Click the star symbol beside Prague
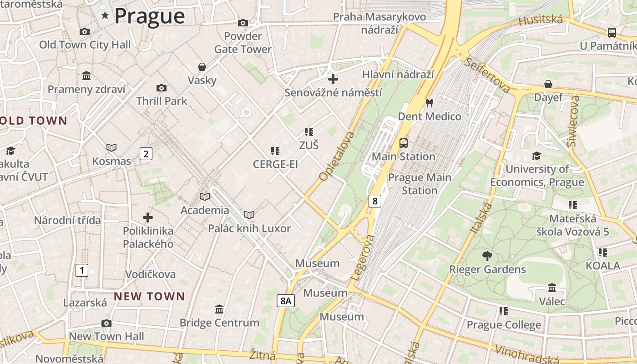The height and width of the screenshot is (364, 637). tap(105, 16)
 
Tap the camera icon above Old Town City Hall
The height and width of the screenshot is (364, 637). tap(84, 31)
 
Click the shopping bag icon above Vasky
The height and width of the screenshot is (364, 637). tap(202, 67)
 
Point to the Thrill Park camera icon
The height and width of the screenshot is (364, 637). tap(161, 88)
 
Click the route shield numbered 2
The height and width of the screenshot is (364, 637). tap(146, 154)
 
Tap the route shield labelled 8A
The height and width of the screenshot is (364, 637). tap(285, 301)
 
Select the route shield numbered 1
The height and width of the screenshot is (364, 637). tap(81, 271)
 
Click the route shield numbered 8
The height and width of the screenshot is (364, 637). tap(374, 201)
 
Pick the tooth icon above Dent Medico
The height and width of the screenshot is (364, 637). tap(429, 103)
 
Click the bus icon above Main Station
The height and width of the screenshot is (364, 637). tap(403, 143)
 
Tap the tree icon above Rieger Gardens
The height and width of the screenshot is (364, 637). tap(487, 256)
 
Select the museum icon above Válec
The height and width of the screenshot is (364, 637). tap(552, 288)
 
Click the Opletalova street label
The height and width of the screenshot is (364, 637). tap(337, 156)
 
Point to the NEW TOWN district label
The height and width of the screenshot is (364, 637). tap(149, 297)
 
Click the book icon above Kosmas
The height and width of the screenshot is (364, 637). tap(111, 147)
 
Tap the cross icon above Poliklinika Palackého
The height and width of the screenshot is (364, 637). tap(148, 217)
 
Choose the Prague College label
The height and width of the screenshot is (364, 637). tap(504, 325)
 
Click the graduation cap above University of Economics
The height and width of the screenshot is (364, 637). tap(537, 156)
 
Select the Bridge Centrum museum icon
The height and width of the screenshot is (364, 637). tap(219, 309)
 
